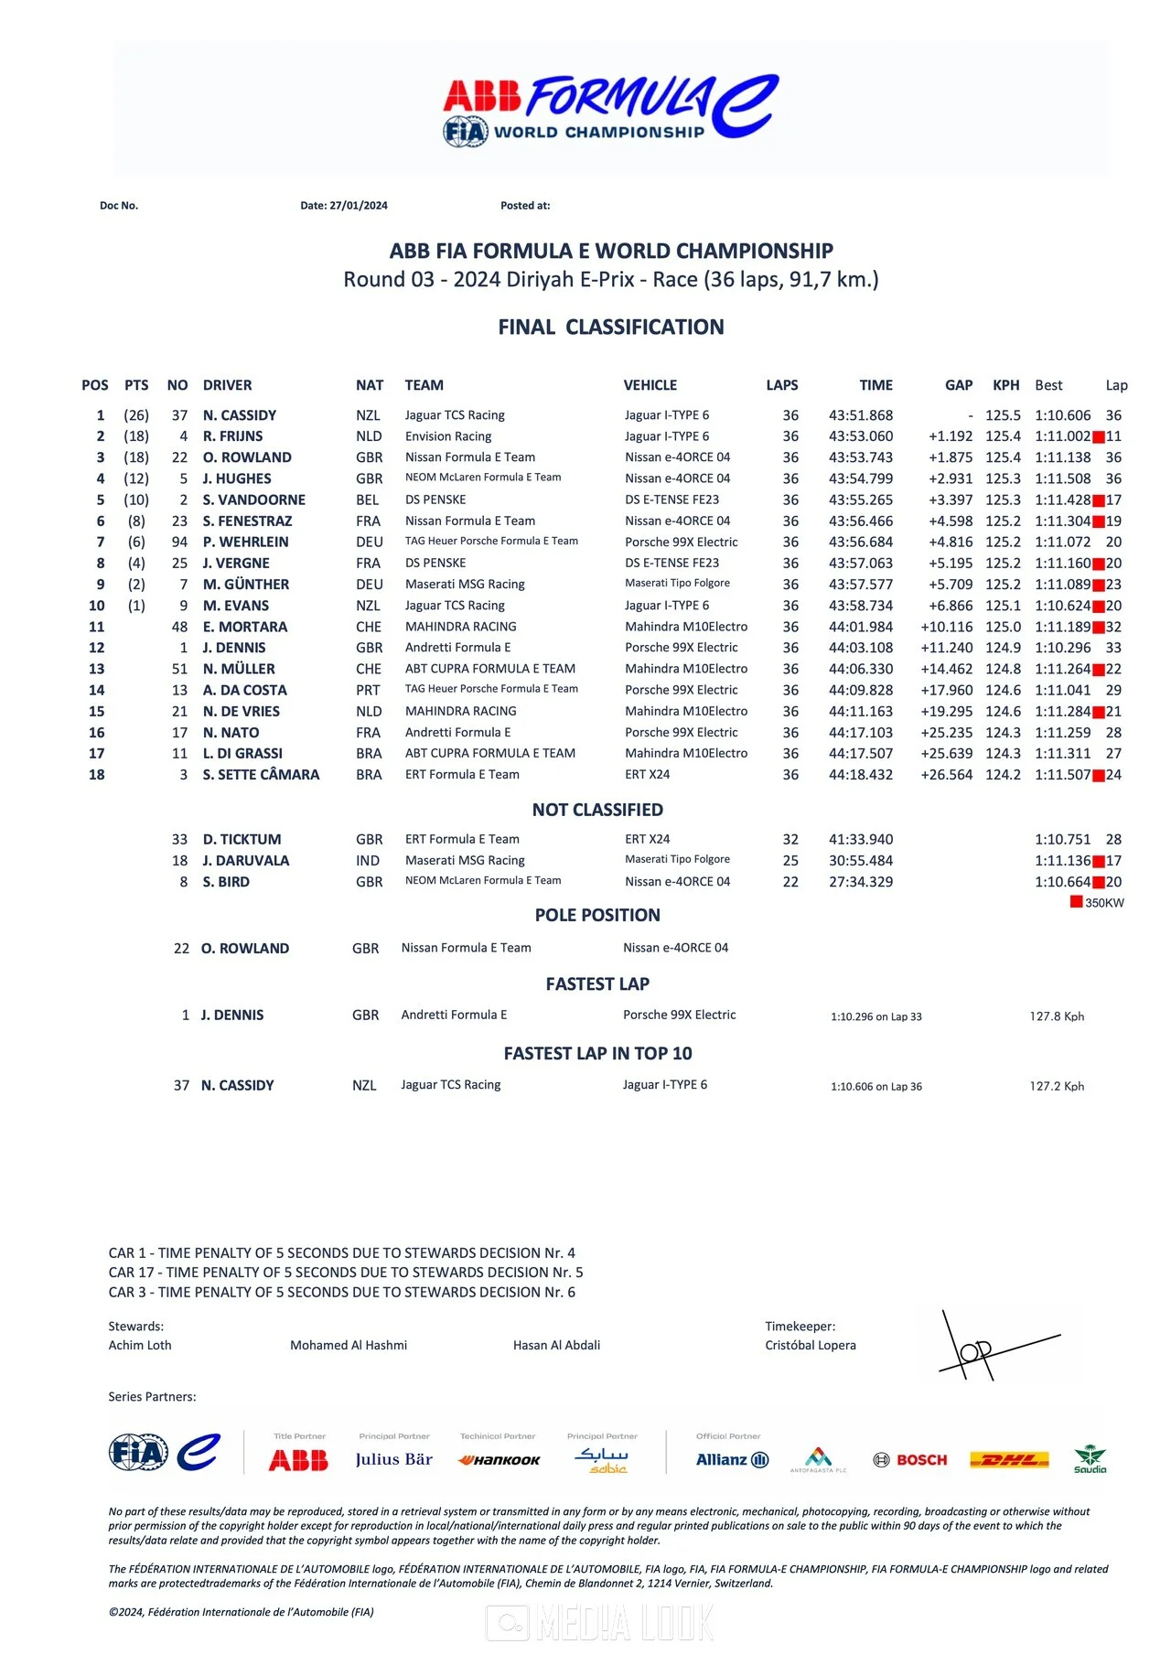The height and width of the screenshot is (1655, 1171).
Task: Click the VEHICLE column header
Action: coord(650,385)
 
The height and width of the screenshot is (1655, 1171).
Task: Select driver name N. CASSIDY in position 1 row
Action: coord(240,415)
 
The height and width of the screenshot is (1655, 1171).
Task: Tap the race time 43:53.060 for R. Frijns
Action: coord(861,436)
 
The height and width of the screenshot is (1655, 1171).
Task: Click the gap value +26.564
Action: coord(946,775)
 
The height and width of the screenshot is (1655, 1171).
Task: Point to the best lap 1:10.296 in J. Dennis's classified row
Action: coord(1062,648)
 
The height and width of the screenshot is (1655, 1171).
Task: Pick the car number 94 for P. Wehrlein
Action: coord(179,543)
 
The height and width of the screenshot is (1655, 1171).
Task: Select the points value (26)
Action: coord(136,415)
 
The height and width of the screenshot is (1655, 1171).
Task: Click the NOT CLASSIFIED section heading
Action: coord(597,810)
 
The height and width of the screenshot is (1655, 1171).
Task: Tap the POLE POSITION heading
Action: coord(597,915)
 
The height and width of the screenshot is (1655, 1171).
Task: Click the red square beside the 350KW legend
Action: coord(1076,902)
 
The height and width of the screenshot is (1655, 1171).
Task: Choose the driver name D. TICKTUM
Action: coord(242,840)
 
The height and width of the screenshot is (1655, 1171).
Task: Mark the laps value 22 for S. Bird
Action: coord(790,882)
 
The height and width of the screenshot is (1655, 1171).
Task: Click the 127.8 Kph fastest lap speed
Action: coord(1057,1016)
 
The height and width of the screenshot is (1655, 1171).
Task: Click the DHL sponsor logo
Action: coord(1009,1460)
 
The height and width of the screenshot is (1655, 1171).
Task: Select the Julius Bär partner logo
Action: coord(394,1460)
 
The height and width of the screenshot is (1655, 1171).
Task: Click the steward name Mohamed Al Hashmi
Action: coord(349,1346)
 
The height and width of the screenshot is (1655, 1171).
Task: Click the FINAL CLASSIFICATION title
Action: coord(610,328)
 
